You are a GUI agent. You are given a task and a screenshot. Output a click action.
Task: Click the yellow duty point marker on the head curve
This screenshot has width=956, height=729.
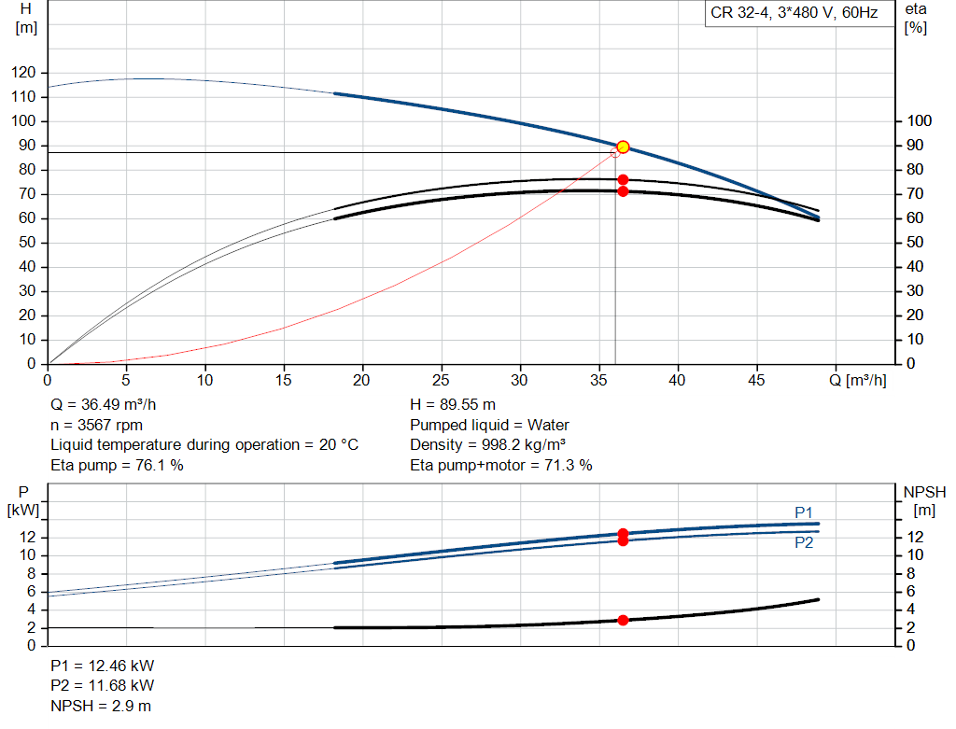[x=623, y=147]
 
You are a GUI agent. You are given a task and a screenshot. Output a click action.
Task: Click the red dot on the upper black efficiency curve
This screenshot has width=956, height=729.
[x=623, y=180]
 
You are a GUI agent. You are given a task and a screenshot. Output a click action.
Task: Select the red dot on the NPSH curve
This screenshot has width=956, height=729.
[x=623, y=620]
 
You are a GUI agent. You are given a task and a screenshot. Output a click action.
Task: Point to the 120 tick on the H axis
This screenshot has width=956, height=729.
[x=23, y=73]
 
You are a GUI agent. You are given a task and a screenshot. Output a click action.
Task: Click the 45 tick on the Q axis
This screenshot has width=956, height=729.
[x=756, y=380]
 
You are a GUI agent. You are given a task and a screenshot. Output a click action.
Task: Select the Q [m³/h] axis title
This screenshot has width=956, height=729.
[x=858, y=380]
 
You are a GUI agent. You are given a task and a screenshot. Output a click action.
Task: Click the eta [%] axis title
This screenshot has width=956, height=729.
[x=916, y=19]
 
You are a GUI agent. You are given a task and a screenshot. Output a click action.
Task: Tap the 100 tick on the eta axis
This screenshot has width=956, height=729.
[x=919, y=120]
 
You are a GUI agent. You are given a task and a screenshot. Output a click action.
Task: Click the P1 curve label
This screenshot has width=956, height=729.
[x=804, y=512]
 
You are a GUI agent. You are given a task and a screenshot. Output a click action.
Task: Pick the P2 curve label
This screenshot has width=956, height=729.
[x=804, y=542]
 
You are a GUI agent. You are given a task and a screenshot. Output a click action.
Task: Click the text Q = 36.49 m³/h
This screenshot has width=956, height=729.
[x=103, y=405]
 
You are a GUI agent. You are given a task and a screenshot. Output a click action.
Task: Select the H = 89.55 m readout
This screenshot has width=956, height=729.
[x=453, y=405]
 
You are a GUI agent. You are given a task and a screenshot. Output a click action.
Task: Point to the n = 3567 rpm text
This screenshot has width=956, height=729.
[x=96, y=425]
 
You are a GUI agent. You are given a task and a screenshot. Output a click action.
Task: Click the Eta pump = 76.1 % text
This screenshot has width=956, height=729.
[x=117, y=465]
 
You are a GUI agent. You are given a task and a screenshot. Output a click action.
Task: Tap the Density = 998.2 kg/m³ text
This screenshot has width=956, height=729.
[x=487, y=445]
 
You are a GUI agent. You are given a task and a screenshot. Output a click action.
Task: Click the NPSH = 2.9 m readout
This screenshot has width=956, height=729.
[x=101, y=706]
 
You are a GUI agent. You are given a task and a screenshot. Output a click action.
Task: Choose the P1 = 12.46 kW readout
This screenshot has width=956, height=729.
[x=103, y=666]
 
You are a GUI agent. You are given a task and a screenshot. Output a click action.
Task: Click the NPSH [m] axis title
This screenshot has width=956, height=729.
[x=924, y=501]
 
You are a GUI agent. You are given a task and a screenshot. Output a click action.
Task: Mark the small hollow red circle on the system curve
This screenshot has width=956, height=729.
[x=615, y=153]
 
